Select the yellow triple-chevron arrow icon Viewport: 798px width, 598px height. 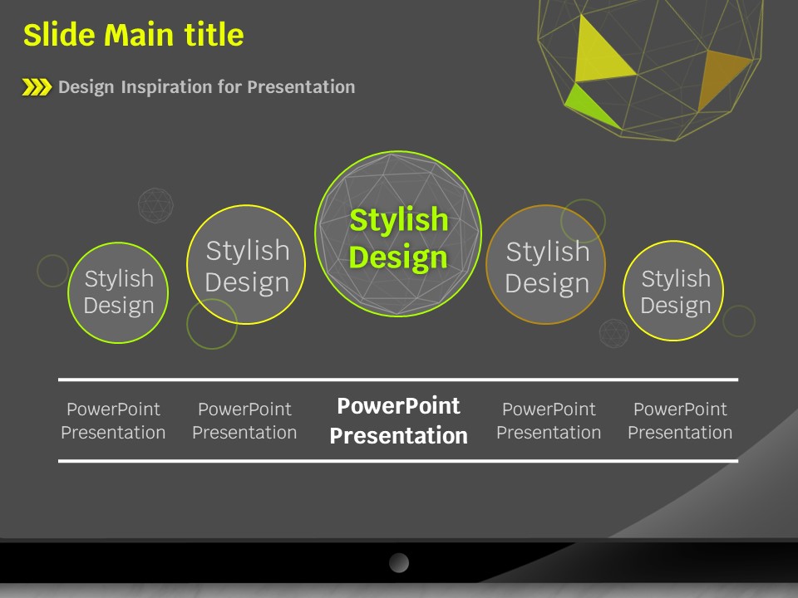click(x=37, y=87)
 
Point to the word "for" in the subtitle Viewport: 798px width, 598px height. click(x=229, y=86)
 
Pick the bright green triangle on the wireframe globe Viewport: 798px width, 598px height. click(x=590, y=105)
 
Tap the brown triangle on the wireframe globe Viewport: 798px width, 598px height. click(x=722, y=76)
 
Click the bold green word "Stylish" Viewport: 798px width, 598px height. click(x=399, y=220)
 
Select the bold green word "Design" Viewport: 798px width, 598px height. click(x=398, y=257)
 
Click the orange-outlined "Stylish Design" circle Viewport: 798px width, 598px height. click(x=545, y=264)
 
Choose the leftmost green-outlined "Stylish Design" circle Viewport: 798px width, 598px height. click(x=118, y=293)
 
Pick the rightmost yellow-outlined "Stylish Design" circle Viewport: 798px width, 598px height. click(x=673, y=291)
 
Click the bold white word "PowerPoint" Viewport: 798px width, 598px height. click(x=398, y=406)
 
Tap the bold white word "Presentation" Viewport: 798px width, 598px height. click(x=398, y=436)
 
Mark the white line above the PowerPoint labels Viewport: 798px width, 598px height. click(x=398, y=380)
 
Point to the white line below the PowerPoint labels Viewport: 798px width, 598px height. click(x=398, y=461)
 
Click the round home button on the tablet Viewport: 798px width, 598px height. click(x=399, y=563)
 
